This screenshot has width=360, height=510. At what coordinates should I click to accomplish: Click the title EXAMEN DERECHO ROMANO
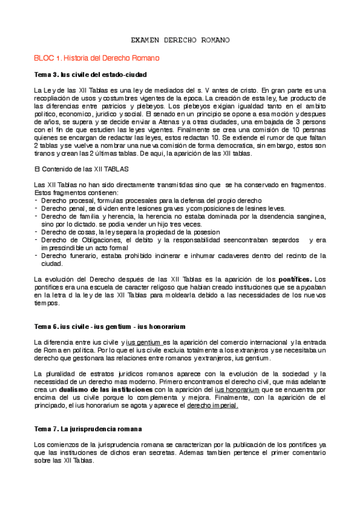click(180, 40)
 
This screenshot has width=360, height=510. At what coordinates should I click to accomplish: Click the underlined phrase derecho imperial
click(213, 405)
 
